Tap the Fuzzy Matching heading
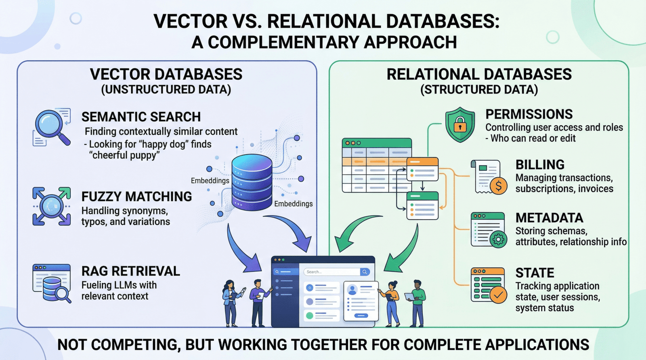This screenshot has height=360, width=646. coord(136,197)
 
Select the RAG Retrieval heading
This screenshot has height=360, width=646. coord(130,271)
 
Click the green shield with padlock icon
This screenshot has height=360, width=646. coord(460,125)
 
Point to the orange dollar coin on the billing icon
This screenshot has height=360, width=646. coord(499,186)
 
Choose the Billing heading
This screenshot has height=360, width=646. coord(540,165)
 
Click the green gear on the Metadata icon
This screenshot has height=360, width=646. coord(499,239)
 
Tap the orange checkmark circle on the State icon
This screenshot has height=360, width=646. coord(499,295)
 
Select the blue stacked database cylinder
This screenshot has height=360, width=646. coord(252,182)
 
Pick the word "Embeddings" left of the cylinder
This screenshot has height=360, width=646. coord(210,181)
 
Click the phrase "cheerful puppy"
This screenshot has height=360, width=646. coord(124,155)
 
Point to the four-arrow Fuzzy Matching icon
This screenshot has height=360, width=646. coord(51,206)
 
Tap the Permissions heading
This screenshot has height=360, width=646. coord(529,114)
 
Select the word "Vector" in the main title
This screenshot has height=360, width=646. coord(190,21)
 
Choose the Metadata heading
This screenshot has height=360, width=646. coord(549,218)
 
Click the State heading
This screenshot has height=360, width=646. coord(535,273)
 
